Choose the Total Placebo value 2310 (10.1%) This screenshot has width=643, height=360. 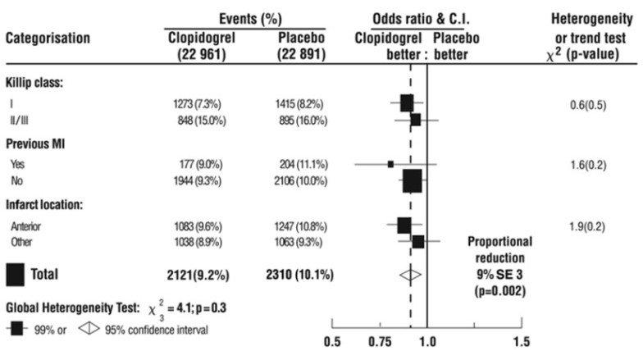click(297, 275)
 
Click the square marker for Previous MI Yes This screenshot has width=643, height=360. click(390, 164)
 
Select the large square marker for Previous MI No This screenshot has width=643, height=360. click(413, 180)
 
